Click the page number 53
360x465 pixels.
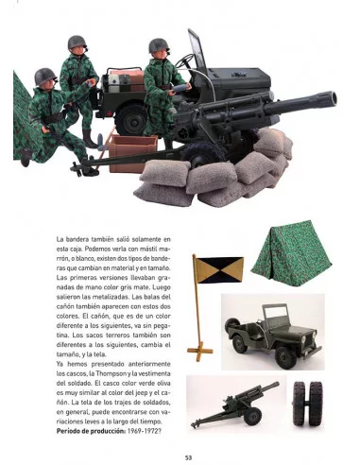tap(188, 457)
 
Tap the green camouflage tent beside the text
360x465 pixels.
tap(286, 251)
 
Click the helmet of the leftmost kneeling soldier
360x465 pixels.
tap(44, 77)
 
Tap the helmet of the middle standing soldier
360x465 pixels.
tap(77, 43)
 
